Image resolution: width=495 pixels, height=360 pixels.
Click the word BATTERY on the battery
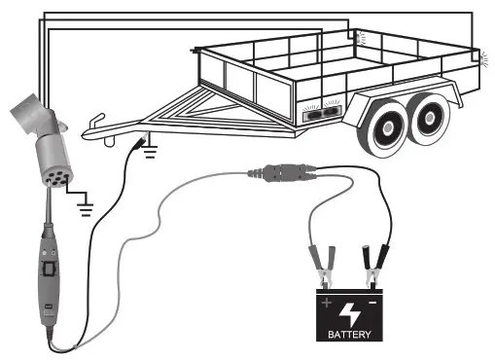(349, 336)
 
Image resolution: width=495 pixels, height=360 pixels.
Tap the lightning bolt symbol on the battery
(349, 313)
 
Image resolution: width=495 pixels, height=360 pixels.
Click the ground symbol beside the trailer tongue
(149, 148)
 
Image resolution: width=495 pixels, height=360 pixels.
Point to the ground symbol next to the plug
(85, 204)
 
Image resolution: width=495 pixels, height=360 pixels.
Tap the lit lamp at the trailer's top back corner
(360, 35)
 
